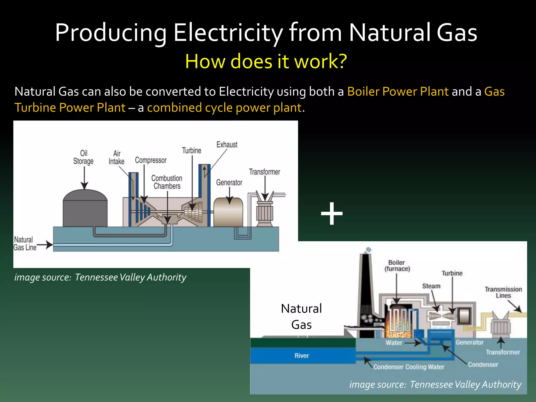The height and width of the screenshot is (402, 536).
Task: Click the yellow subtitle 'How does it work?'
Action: pyautogui.click(x=266, y=61)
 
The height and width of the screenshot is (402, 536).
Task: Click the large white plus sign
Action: pyautogui.click(x=332, y=214)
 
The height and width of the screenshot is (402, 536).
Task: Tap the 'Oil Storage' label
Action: pyautogui.click(x=83, y=157)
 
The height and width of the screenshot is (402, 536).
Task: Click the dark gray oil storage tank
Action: pyautogui.click(x=85, y=209)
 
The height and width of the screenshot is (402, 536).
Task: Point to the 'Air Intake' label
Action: pyautogui.click(x=116, y=158)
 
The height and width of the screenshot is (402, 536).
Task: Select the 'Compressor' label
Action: pyautogui.click(x=151, y=160)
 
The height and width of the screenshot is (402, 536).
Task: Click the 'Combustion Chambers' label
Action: pyautogui.click(x=167, y=182)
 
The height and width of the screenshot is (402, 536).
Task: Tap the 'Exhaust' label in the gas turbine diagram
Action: pyautogui.click(x=227, y=144)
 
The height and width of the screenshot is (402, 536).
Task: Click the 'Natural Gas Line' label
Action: pyautogui.click(x=25, y=244)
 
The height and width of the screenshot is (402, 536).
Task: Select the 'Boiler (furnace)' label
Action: pyautogui.click(x=397, y=266)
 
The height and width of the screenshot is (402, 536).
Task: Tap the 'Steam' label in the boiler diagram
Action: pyautogui.click(x=431, y=286)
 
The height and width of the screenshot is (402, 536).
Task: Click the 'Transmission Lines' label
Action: pyautogui.click(x=503, y=292)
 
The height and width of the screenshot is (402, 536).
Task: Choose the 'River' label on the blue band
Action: pyautogui.click(x=302, y=356)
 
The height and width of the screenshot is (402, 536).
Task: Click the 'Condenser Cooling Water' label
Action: pyautogui.click(x=409, y=367)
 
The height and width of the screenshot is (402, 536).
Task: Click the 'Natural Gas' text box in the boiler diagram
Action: pyautogui.click(x=301, y=317)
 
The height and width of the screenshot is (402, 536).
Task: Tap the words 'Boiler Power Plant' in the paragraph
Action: pyautogui.click(x=398, y=92)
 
